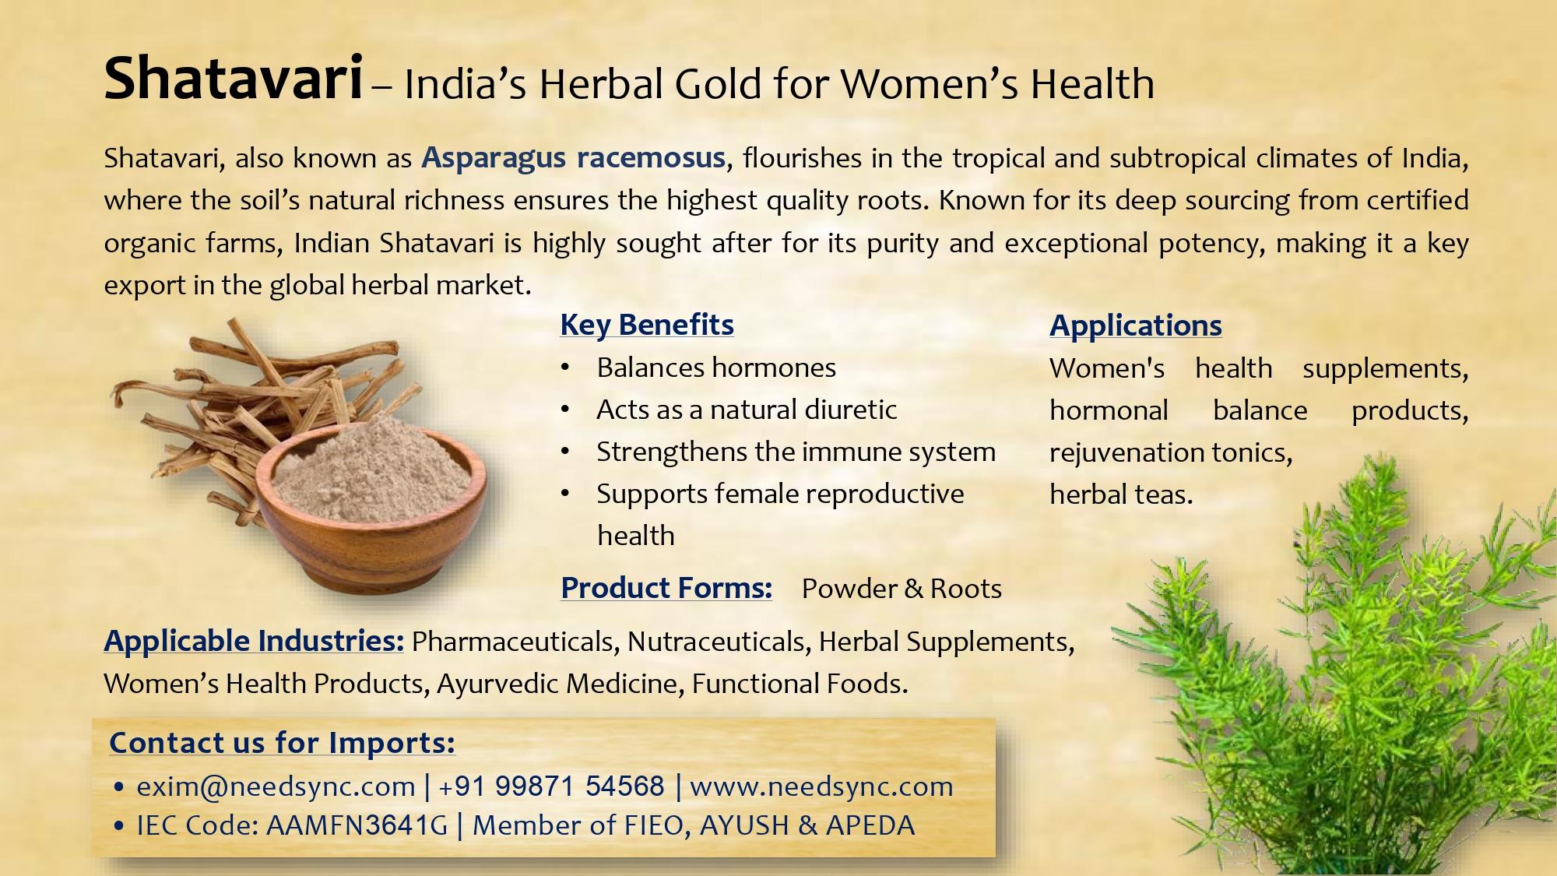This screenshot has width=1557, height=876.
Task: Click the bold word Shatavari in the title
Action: [234, 79]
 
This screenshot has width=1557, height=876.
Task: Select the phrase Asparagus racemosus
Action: [574, 158]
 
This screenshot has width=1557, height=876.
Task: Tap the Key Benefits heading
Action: [646, 325]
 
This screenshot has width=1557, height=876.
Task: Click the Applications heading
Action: [1135, 325]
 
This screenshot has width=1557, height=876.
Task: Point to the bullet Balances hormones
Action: [715, 368]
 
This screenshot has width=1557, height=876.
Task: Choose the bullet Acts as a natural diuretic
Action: [746, 410]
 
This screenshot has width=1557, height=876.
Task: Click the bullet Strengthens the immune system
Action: [796, 452]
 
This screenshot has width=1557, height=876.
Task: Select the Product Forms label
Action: [666, 588]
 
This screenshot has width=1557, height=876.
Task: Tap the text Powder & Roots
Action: [902, 589]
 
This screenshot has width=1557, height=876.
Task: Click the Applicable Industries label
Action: [254, 641]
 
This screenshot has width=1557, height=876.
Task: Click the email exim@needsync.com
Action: [276, 786]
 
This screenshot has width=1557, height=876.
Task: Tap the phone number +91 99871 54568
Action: [551, 786]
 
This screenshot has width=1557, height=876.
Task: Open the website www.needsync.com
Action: [821, 786]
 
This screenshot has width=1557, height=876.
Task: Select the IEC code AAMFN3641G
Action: [357, 825]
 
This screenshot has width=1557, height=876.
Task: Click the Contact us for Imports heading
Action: [282, 743]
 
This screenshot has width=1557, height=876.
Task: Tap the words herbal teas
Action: [1121, 494]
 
